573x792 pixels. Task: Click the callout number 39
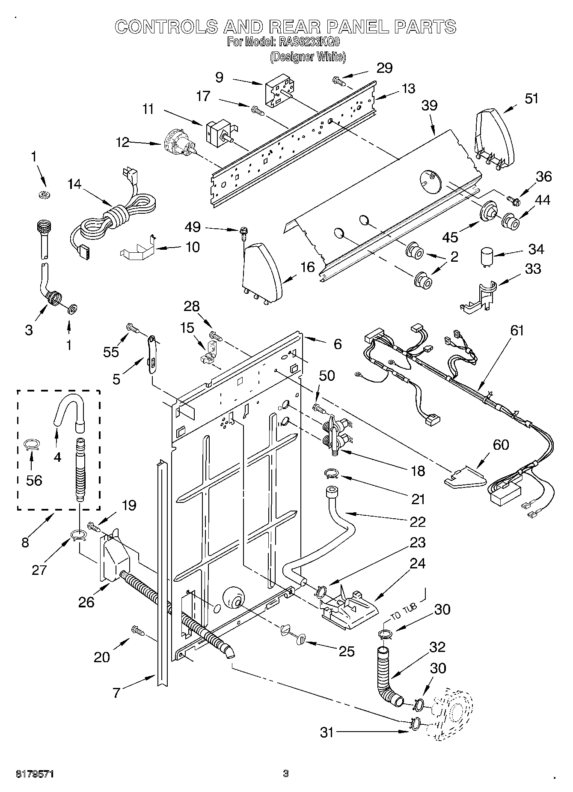[x=430, y=105]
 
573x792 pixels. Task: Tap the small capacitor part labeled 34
[x=485, y=257]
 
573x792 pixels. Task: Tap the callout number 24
[x=417, y=563]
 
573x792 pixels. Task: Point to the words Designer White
[x=308, y=57]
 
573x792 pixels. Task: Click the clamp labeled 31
[x=415, y=723]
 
